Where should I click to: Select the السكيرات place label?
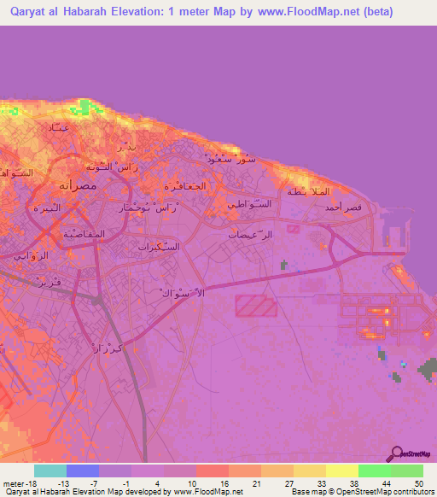(x=159, y=246)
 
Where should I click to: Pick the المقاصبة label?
(x=84, y=232)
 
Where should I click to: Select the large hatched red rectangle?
(x=256, y=307)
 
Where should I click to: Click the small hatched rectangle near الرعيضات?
(x=294, y=229)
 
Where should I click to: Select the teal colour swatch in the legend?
(x=50, y=471)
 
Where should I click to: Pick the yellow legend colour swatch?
(x=341, y=471)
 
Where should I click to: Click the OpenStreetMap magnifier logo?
(x=395, y=455)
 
